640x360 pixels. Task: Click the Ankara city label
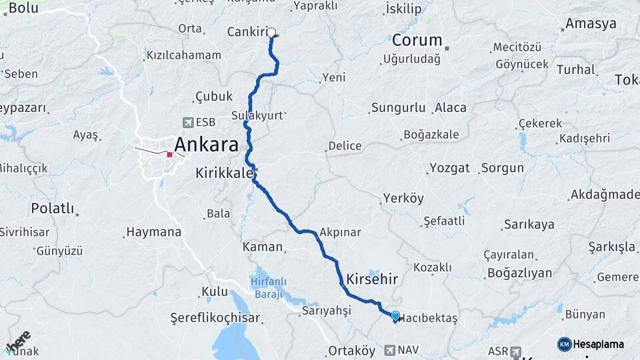click(x=206, y=144)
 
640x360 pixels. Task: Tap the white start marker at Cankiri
click(x=271, y=31)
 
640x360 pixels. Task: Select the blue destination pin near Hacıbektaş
click(x=395, y=316)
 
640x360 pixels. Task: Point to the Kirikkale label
click(x=224, y=173)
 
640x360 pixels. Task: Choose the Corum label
click(x=417, y=39)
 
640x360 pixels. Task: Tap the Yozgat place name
click(x=449, y=167)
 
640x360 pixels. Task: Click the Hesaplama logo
click(x=591, y=344)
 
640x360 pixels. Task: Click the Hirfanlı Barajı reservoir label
click(x=268, y=288)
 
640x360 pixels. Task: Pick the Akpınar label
click(x=340, y=232)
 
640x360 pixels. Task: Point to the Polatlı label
click(x=52, y=208)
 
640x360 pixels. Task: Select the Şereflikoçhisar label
click(x=215, y=318)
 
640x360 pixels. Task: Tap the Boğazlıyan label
click(x=519, y=273)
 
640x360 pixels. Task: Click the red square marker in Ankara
click(x=170, y=155)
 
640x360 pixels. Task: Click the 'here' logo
click(x=19, y=341)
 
